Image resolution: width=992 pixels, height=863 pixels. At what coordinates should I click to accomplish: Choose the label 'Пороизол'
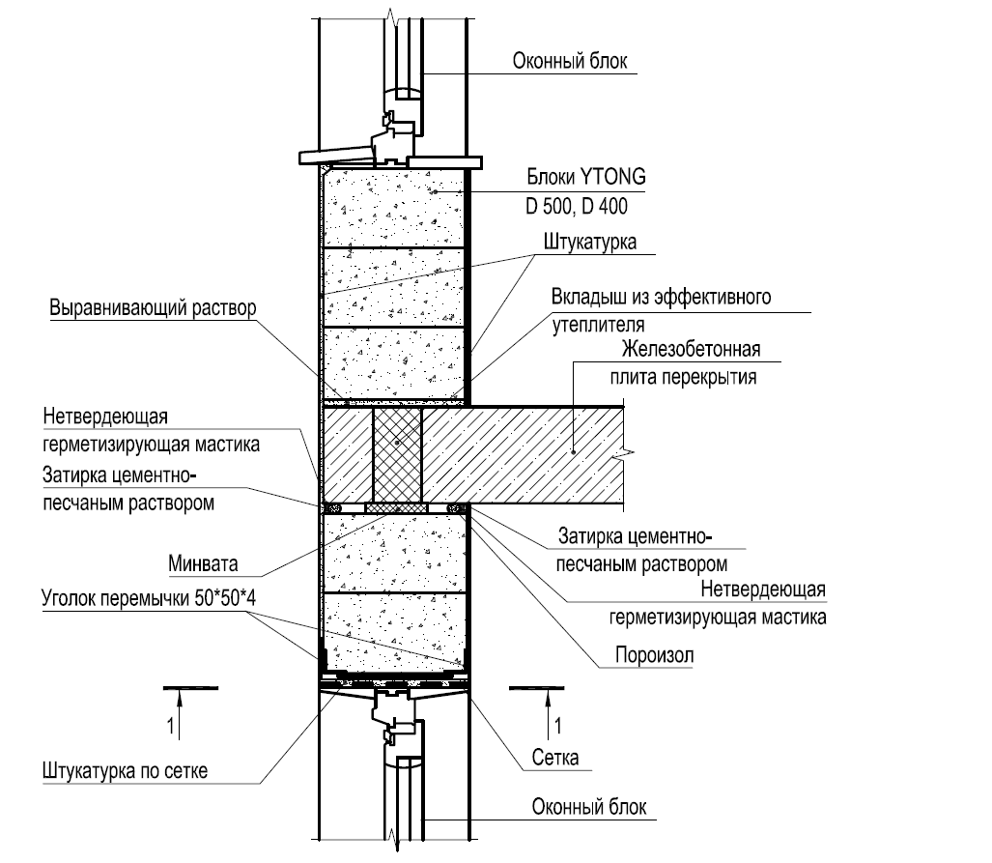coord(655,655)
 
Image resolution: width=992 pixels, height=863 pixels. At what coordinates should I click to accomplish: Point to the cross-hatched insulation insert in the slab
coord(397,451)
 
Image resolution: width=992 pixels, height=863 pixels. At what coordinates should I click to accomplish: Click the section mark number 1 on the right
coord(558,723)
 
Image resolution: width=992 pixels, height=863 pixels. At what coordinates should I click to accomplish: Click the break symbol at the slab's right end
coord(629,451)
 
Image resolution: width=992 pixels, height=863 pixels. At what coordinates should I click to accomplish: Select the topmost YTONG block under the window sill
coord(393,206)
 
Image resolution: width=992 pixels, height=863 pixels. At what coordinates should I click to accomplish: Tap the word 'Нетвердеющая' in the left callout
coord(106,417)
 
